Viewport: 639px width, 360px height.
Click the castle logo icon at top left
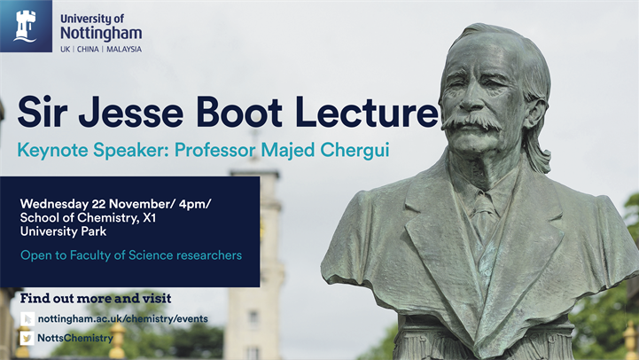(x=26, y=26)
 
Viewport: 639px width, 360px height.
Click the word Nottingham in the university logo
(x=100, y=33)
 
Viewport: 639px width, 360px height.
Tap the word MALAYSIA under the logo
(x=123, y=49)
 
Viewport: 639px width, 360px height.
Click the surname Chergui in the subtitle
(x=358, y=150)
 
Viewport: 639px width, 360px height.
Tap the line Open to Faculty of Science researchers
(x=131, y=256)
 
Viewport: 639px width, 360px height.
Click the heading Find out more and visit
(x=95, y=298)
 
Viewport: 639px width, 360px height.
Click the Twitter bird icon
(x=27, y=338)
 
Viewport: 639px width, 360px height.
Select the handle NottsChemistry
(x=75, y=338)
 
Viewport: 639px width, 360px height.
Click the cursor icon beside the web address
(x=27, y=318)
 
